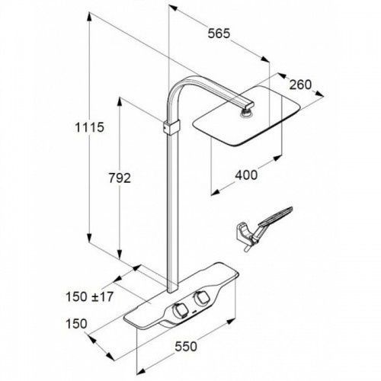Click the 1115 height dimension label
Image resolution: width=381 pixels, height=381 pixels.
[x=89, y=127]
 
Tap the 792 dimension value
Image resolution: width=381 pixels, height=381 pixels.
[x=120, y=178]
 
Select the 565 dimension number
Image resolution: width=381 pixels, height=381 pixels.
[x=219, y=34]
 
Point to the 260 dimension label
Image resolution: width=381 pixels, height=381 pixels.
[x=300, y=85]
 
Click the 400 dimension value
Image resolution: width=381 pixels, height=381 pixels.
[x=246, y=175]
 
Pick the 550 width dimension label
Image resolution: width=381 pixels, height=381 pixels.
[x=186, y=347]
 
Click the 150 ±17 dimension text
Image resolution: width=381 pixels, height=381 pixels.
[x=89, y=296]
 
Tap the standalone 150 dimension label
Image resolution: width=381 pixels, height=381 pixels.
[x=76, y=324]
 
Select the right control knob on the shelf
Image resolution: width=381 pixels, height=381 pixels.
[x=202, y=298]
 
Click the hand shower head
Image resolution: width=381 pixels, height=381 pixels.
[x=276, y=216]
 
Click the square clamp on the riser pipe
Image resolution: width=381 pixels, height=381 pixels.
[x=171, y=127]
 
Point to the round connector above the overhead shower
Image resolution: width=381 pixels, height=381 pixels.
[x=245, y=112]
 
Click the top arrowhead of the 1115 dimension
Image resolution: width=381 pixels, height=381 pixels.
[x=89, y=17]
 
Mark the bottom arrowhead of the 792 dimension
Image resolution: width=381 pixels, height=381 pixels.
[x=120, y=255]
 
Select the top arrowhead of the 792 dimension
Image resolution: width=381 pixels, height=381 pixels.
[x=120, y=101]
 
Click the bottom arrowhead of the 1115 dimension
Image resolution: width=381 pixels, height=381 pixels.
[x=89, y=238]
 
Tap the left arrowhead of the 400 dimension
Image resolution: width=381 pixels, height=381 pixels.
[x=216, y=192]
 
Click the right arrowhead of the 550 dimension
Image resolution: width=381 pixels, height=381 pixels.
[x=230, y=322]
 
